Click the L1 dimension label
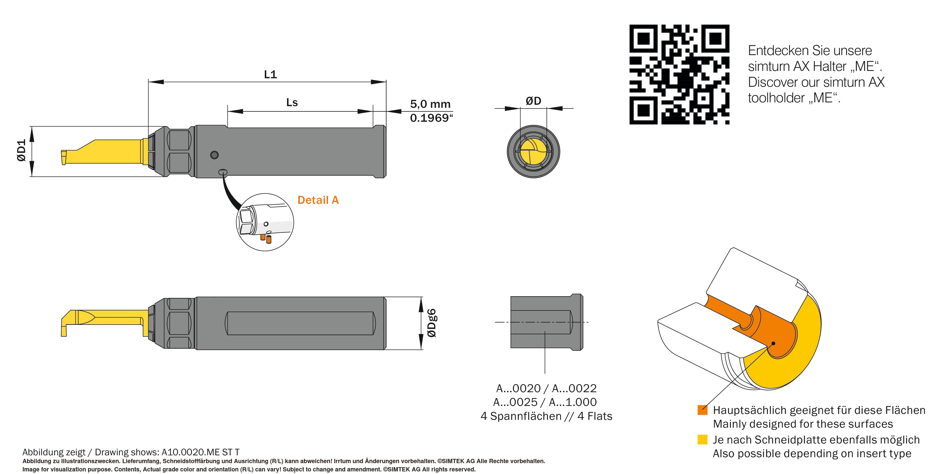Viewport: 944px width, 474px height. tap(271, 75)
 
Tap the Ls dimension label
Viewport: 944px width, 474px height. tap(292, 103)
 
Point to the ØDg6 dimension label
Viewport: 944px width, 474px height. tap(432, 323)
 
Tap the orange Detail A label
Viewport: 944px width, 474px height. tap(318, 200)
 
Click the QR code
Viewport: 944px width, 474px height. tap(679, 74)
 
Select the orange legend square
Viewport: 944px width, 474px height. tap(702, 410)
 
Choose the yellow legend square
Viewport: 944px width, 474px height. tap(702, 439)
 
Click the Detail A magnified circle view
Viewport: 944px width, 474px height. tap(265, 222)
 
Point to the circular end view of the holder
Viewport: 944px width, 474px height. tap(533, 151)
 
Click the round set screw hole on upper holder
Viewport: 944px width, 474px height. tap(214, 155)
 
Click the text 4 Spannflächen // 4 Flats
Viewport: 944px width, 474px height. tap(546, 416)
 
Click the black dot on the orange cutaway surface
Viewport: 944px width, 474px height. tap(773, 343)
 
